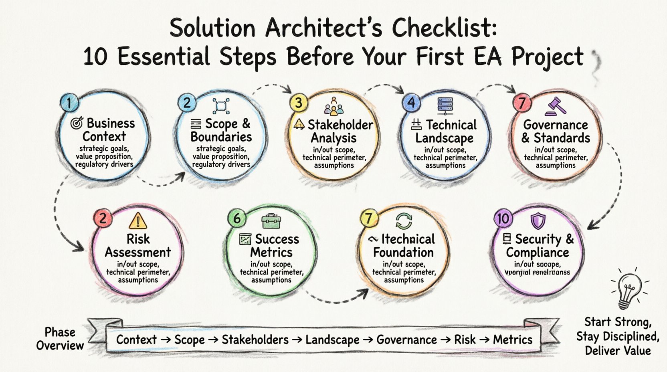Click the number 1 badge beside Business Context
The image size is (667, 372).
pyautogui.click(x=69, y=103)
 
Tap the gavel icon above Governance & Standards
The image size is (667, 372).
pyautogui.click(x=555, y=106)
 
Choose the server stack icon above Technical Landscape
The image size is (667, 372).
pyautogui.click(x=445, y=106)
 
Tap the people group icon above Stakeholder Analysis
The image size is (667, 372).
pyautogui.click(x=333, y=106)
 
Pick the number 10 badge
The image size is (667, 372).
pyautogui.click(x=503, y=218)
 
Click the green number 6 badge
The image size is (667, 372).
pyautogui.click(x=237, y=218)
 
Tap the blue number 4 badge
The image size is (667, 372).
pyautogui.click(x=411, y=103)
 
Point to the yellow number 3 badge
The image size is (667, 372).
pyautogui.click(x=299, y=103)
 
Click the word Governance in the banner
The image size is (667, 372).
pyautogui.click(x=406, y=340)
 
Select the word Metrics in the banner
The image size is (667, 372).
pyautogui.click(x=512, y=340)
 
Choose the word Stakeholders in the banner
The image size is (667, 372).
pyautogui.click(x=255, y=340)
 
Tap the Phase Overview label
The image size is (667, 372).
pyautogui.click(x=60, y=339)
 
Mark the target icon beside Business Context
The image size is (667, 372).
pyautogui.click(x=77, y=123)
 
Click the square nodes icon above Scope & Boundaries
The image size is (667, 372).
pyautogui.click(x=221, y=106)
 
